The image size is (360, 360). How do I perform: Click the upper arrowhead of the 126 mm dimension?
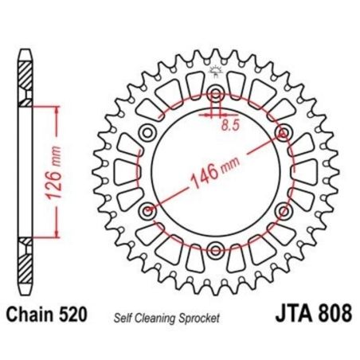click(57, 110)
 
